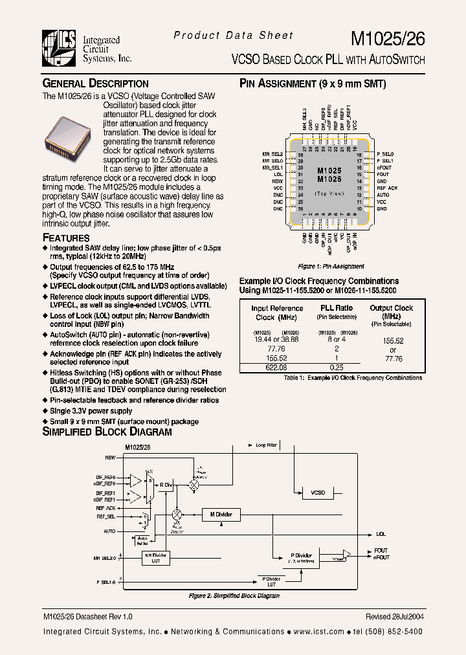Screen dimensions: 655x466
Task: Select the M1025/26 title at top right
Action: pyautogui.click(x=388, y=39)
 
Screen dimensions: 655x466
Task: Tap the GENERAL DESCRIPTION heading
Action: pyautogui.click(x=95, y=83)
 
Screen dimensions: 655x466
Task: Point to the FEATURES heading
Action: pyautogui.click(x=66, y=238)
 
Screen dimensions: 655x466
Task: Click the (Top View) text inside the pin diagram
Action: pyautogui.click(x=329, y=194)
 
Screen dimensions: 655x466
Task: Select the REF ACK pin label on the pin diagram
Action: pyautogui.click(x=387, y=188)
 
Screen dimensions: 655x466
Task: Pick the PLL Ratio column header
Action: pyautogui.click(x=337, y=308)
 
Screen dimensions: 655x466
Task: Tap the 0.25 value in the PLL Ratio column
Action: pyautogui.click(x=336, y=368)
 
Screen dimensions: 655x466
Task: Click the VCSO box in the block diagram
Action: pyautogui.click(x=318, y=493)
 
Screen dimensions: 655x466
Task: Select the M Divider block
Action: pyautogui.click(x=221, y=515)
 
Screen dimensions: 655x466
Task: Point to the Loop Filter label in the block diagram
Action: pyautogui.click(x=265, y=445)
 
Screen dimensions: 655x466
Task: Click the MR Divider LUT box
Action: pyautogui.click(x=155, y=557)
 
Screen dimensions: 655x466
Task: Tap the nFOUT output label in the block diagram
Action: pyautogui.click(x=381, y=557)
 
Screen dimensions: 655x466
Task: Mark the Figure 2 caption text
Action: pyautogui.click(x=234, y=595)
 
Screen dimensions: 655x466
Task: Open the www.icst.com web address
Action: pyautogui.click(x=318, y=632)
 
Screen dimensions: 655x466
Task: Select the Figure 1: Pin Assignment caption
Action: pyautogui.click(x=331, y=266)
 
